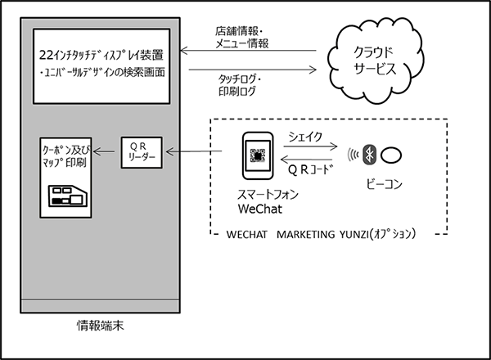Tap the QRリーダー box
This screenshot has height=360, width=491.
pos(143,151)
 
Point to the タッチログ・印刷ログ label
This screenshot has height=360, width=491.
pos(245,85)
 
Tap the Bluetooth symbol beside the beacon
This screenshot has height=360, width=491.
pos(370,153)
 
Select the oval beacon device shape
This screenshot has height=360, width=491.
pos(394,153)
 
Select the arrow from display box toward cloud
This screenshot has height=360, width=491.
pos(250,69)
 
